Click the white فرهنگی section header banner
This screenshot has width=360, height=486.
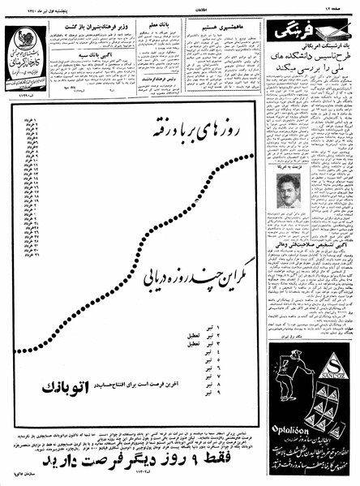[309, 36]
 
